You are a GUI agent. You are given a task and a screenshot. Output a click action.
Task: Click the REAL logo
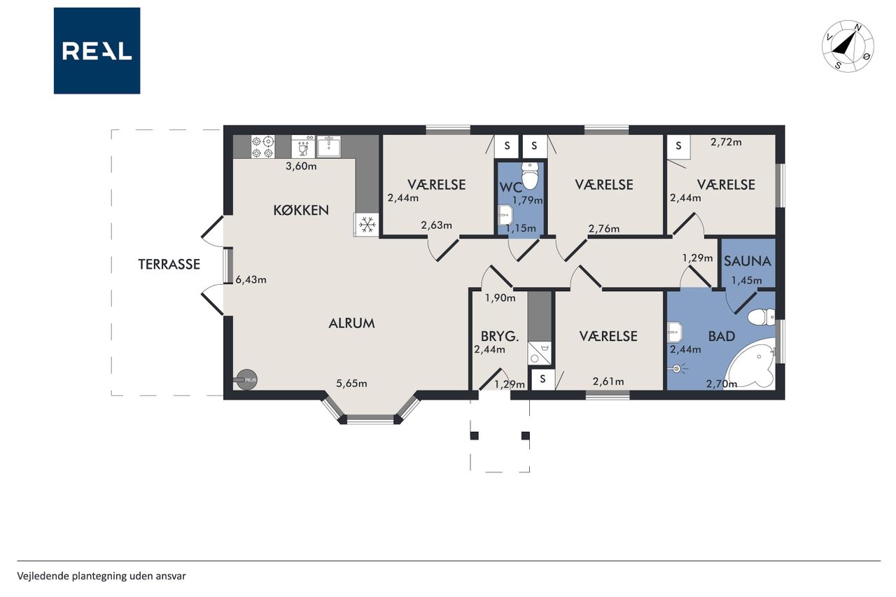pyautogui.click(x=97, y=51)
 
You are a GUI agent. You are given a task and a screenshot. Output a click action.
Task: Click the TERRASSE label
pyautogui.click(x=169, y=265)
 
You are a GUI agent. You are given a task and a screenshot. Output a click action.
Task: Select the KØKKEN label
pyautogui.click(x=301, y=210)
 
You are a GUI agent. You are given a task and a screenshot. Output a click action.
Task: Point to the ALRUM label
pyautogui.click(x=351, y=323)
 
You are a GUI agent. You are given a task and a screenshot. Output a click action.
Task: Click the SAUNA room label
pyautogui.click(x=747, y=261)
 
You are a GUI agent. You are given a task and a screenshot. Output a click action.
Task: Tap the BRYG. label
pyautogui.click(x=500, y=336)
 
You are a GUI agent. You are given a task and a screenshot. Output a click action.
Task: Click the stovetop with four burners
pyautogui.click(x=262, y=146)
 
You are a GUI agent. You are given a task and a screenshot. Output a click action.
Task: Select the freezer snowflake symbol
pyautogui.click(x=366, y=225)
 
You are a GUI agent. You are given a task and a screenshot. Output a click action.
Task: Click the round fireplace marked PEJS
pyautogui.click(x=246, y=379)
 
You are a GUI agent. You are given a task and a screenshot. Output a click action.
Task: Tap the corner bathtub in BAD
pyautogui.click(x=751, y=364)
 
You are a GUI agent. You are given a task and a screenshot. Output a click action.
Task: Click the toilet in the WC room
pyautogui.click(x=531, y=176)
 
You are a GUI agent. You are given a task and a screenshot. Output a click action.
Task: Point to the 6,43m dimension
pyautogui.click(x=251, y=279)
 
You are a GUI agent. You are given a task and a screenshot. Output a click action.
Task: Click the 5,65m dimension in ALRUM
pyautogui.click(x=351, y=384)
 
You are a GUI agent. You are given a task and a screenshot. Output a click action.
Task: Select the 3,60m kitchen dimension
pyautogui.click(x=301, y=166)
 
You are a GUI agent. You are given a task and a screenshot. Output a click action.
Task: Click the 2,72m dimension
pyautogui.click(x=726, y=142)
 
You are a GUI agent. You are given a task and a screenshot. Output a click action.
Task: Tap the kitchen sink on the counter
pyautogui.click(x=329, y=146)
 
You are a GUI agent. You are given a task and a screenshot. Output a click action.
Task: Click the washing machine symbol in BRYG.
pyautogui.click(x=539, y=353)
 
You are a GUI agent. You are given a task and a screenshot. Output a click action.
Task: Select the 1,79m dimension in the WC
pyautogui.click(x=528, y=200)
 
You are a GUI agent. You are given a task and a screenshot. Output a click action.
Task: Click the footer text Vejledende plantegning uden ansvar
pyautogui.click(x=101, y=576)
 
